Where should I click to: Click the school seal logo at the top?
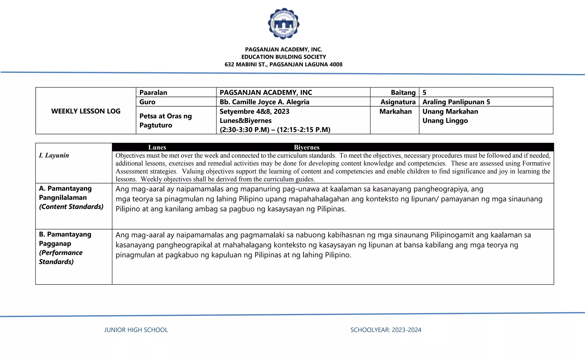point(284,24)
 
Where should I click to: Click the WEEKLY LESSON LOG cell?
point(86,111)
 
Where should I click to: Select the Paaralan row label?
point(153,93)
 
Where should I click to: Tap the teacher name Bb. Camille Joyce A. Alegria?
point(264,102)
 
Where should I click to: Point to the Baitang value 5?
point(424,93)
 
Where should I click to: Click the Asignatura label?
point(398,102)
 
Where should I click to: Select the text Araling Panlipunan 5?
point(456,102)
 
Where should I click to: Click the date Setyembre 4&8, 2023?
point(254,111)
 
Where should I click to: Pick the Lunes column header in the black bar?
point(157,147)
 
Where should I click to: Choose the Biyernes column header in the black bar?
point(306,147)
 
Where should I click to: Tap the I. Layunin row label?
point(54,155)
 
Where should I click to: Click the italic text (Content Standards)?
point(71,207)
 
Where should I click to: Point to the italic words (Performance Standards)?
point(61,257)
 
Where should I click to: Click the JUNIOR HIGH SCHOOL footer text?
point(136,330)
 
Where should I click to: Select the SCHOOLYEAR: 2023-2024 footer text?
point(386,330)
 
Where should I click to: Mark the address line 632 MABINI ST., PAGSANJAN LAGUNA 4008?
point(283,65)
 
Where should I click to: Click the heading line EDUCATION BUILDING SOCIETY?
point(283,57)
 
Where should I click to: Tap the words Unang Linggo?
point(445,121)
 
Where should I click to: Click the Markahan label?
point(395,111)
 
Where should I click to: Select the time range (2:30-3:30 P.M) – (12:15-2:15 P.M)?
point(275,130)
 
